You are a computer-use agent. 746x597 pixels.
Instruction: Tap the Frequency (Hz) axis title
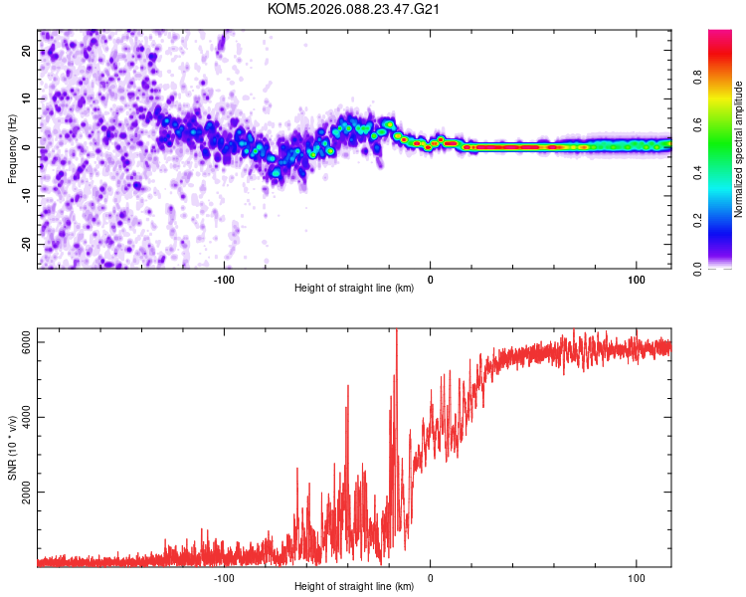click(13, 148)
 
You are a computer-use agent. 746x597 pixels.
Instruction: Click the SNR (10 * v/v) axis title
click(13, 448)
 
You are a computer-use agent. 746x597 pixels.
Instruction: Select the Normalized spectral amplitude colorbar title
click(738, 149)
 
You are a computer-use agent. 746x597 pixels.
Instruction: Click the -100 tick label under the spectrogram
click(224, 280)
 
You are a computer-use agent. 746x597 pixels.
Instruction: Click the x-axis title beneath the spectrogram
click(354, 290)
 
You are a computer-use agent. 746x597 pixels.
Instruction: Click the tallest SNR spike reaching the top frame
click(397, 333)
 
